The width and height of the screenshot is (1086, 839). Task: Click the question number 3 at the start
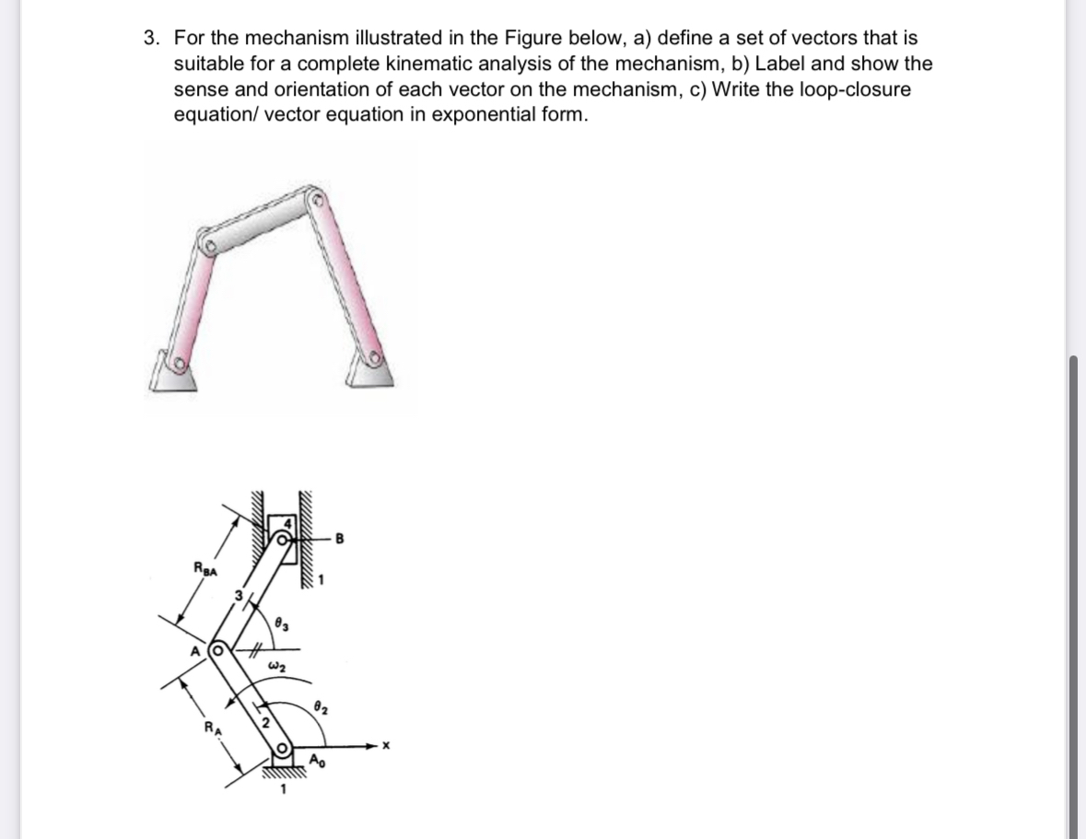[150, 39]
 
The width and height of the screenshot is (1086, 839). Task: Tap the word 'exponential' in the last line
[456, 115]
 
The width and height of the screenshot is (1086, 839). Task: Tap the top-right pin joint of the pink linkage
[320, 198]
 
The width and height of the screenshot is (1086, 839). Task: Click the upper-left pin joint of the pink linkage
[211, 247]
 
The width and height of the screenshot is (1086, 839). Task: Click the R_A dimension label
[212, 729]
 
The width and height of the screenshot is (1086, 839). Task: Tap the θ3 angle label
[282, 625]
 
